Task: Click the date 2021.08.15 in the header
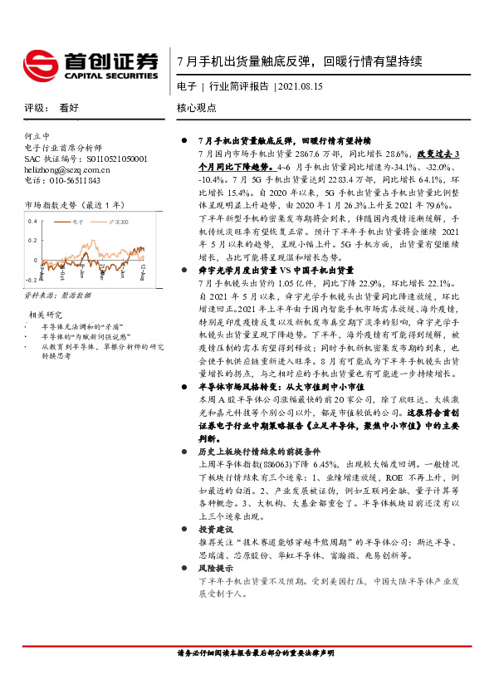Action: click(x=302, y=86)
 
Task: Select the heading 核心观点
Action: click(x=196, y=107)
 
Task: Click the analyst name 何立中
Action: click(x=37, y=136)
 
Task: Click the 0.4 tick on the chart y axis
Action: click(x=33, y=222)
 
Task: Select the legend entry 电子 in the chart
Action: click(x=80, y=222)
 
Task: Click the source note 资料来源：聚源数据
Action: click(x=57, y=295)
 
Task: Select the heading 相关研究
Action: click(x=46, y=315)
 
